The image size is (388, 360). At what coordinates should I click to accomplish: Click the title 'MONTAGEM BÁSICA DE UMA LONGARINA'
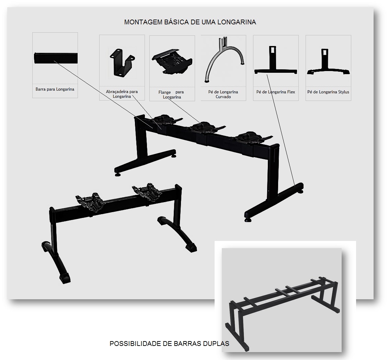pyautogui.click(x=190, y=22)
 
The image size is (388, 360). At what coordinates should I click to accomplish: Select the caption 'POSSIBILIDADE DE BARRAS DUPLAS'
pyautogui.click(x=169, y=344)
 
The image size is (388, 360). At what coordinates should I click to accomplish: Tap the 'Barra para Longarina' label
pyautogui.click(x=55, y=89)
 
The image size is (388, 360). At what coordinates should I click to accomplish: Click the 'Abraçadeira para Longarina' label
pyautogui.click(x=122, y=94)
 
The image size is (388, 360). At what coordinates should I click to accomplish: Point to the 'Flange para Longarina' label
pyautogui.click(x=172, y=94)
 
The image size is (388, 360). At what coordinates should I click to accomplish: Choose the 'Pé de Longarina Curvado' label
pyautogui.click(x=223, y=94)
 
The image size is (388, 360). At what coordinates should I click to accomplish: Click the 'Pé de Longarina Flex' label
pyautogui.click(x=276, y=92)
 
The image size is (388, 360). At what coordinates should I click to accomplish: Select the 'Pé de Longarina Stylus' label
pyautogui.click(x=328, y=92)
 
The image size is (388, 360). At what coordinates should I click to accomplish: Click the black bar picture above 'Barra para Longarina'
pyautogui.click(x=56, y=58)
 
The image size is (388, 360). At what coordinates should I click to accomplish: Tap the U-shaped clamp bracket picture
pyautogui.click(x=122, y=62)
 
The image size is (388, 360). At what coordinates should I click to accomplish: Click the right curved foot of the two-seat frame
pyautogui.click(x=178, y=234)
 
